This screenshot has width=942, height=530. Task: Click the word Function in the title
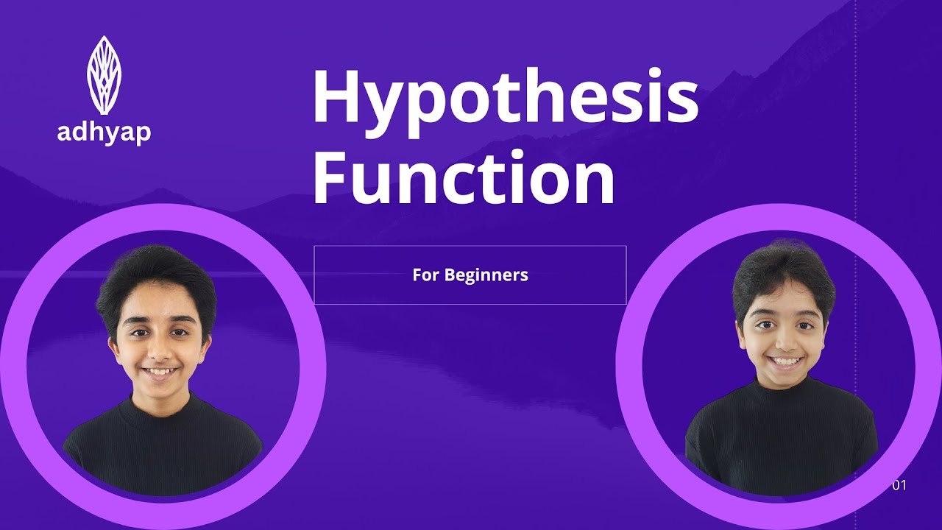click(x=464, y=177)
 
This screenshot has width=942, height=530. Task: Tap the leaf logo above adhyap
click(x=104, y=75)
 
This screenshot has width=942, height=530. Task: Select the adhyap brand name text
click(x=104, y=133)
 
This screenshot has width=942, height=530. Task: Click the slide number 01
click(x=899, y=485)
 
